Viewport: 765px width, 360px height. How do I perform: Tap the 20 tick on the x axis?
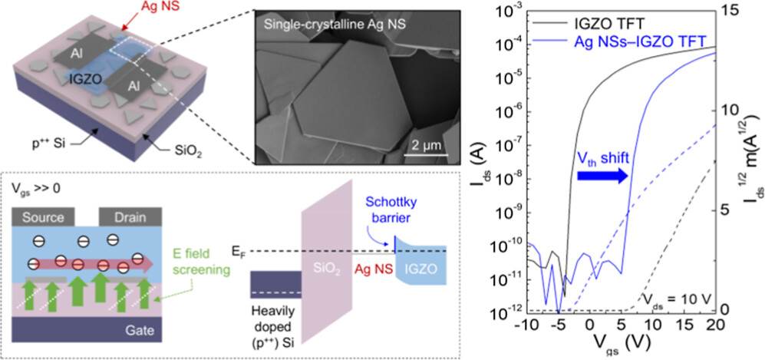[716, 325]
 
